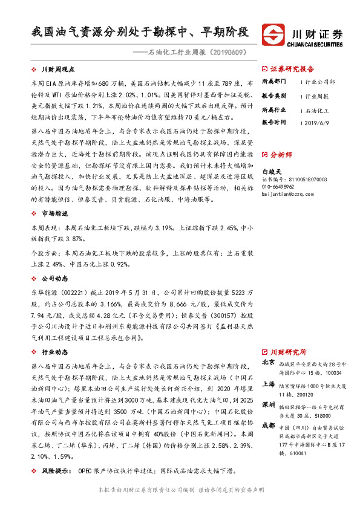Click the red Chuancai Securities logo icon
(272, 34)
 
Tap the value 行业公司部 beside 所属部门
(319, 81)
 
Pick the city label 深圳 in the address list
(268, 404)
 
